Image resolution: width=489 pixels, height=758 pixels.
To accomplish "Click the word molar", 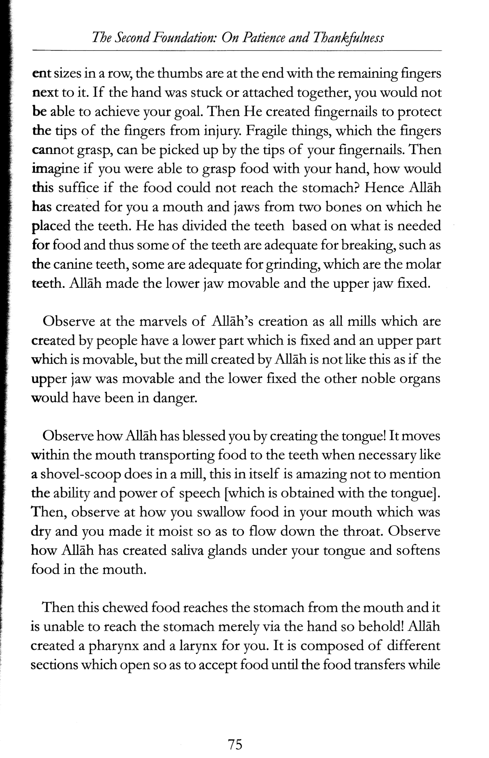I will coord(425,264).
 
